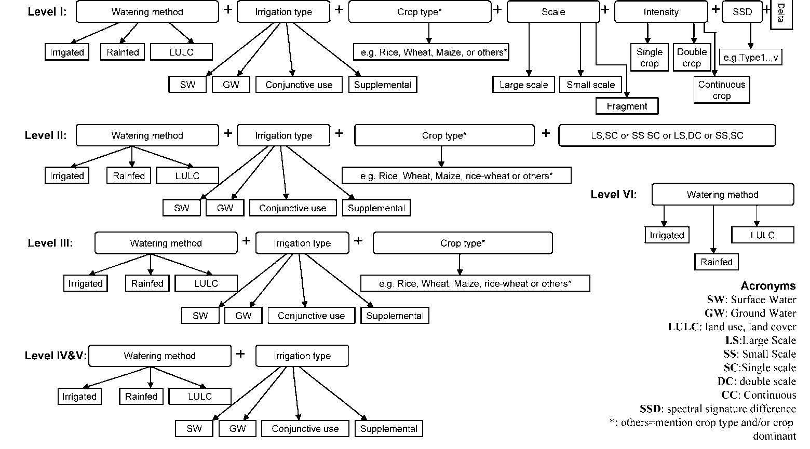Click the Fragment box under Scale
pos(627,106)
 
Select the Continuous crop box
pos(721,90)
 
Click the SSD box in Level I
pos(742,12)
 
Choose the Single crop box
pos(649,58)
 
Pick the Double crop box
pos(692,58)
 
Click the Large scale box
pos(523,85)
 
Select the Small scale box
pos(590,85)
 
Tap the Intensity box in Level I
pos(660,12)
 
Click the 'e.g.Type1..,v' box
pos(750,58)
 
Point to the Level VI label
pos(613,195)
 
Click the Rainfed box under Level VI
pos(716,262)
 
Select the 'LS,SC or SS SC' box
pos(667,135)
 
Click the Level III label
pos(50,243)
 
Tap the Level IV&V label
pos(56,356)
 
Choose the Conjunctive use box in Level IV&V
pos(305,429)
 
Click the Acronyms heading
pos(768,286)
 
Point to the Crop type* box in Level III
pos(462,243)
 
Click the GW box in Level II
pos(225,208)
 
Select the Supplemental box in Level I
pos(382,85)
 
